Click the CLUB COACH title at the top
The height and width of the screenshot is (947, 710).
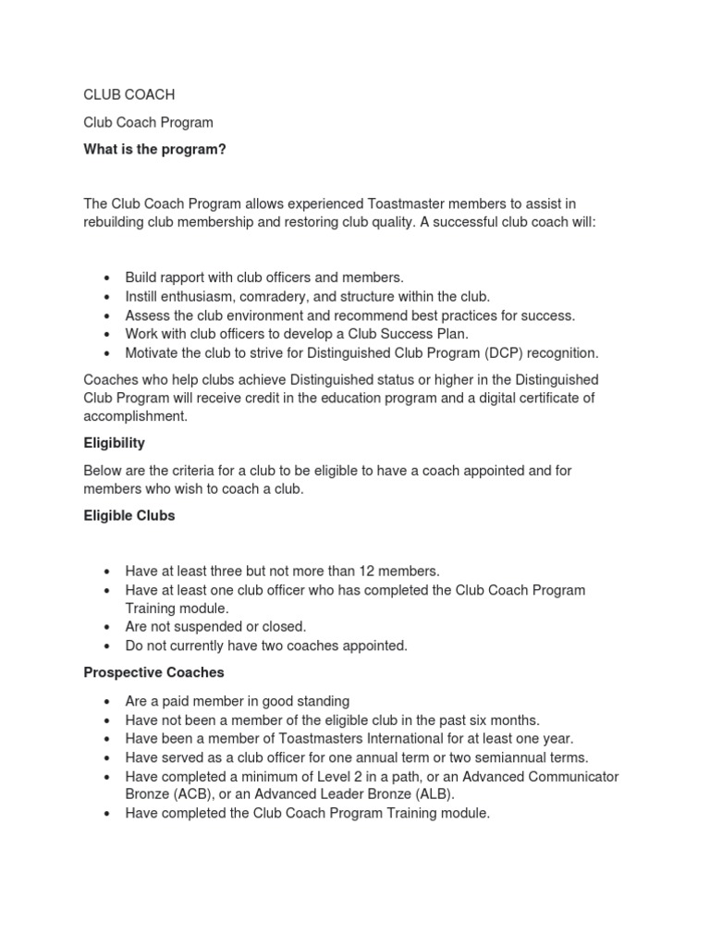(129, 94)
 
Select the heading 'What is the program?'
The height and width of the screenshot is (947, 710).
(154, 150)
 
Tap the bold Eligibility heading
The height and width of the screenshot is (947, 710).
(114, 443)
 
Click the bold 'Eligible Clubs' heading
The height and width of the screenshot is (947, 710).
(129, 516)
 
